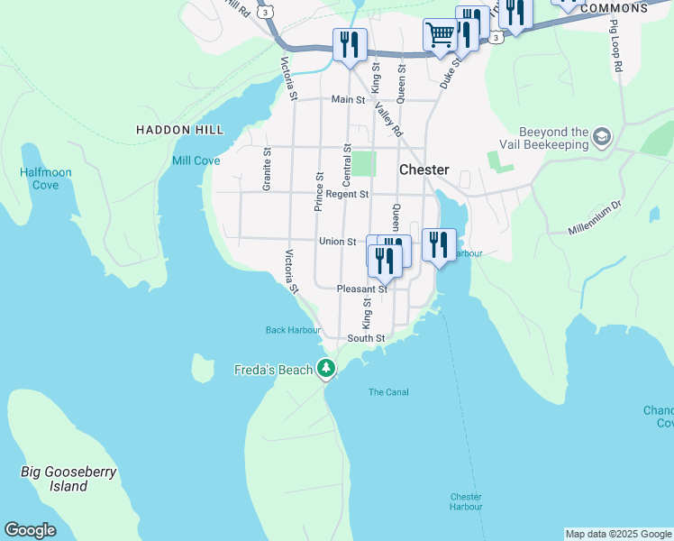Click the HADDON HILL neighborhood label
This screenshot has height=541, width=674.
pyautogui.click(x=179, y=130)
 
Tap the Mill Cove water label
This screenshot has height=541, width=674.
pyautogui.click(x=196, y=160)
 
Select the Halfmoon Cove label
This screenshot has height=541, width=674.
pyautogui.click(x=40, y=179)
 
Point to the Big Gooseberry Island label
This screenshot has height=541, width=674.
pyautogui.click(x=68, y=479)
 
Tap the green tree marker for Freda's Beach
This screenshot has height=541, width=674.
pyautogui.click(x=326, y=369)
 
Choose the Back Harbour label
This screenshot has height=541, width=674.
pyautogui.click(x=293, y=330)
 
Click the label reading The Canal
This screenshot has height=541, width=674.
pyautogui.click(x=388, y=392)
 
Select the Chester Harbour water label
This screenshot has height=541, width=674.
pyautogui.click(x=466, y=501)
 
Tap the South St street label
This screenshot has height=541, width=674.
pyautogui.click(x=366, y=339)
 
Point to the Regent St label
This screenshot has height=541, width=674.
pyautogui.click(x=347, y=194)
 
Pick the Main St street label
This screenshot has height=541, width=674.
pyautogui.click(x=348, y=99)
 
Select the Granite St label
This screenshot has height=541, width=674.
pyautogui.click(x=268, y=170)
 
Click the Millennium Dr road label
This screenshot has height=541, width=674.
pyautogui.click(x=595, y=218)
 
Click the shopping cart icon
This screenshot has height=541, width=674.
pyautogui.click(x=440, y=36)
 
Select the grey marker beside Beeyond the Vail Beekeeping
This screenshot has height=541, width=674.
pyautogui.click(x=601, y=138)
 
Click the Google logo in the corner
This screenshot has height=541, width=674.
pyautogui.click(x=30, y=530)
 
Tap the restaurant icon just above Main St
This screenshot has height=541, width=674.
pyautogui.click(x=349, y=44)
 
